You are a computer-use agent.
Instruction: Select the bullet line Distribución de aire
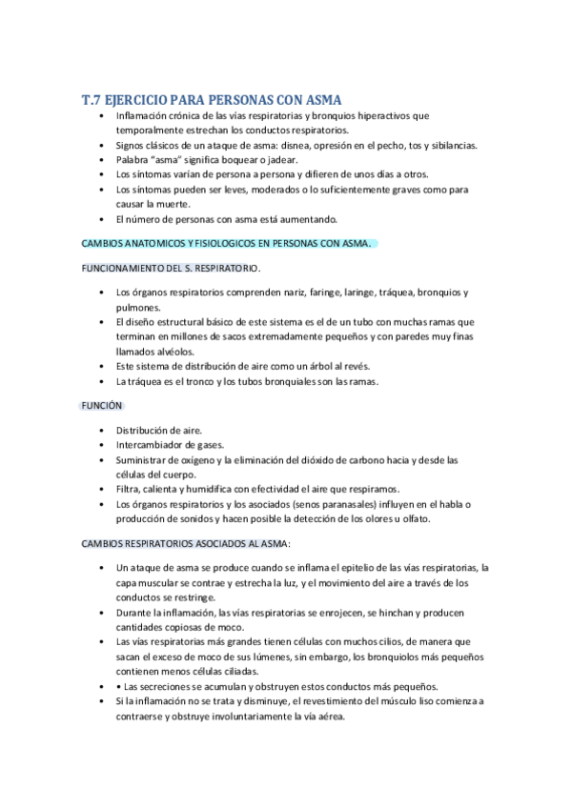click(158, 430)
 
